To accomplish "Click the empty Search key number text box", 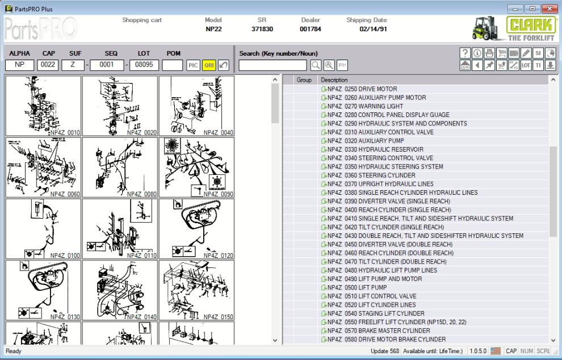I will coord(272,65).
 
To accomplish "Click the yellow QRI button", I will coord(208,65).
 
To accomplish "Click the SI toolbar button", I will coord(539,53).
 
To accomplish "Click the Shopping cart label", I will coord(142,20).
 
